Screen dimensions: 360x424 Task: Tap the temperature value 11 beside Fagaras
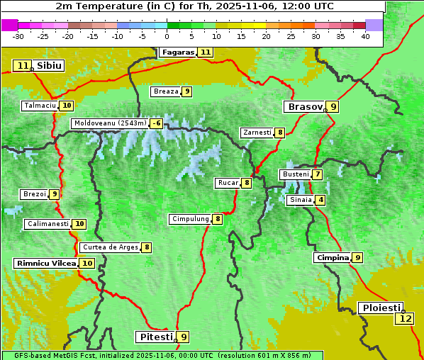click(x=206, y=52)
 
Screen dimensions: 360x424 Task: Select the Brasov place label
click(x=304, y=107)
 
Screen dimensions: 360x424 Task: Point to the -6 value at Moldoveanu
click(x=156, y=123)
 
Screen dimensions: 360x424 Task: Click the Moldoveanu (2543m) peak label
click(x=110, y=123)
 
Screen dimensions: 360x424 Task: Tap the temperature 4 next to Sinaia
click(x=321, y=200)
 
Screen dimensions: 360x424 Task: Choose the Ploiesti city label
click(x=379, y=308)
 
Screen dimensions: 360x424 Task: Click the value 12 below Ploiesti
click(x=405, y=319)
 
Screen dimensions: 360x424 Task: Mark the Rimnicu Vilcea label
click(x=45, y=263)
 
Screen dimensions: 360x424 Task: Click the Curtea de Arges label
click(x=109, y=247)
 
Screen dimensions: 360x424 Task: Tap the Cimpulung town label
click(x=190, y=219)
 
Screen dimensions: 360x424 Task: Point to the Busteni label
click(x=296, y=174)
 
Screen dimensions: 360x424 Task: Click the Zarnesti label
click(x=257, y=133)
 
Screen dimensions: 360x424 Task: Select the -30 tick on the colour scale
click(x=18, y=36)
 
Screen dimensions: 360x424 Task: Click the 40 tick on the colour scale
click(x=365, y=36)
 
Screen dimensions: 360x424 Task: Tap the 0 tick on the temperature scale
click(x=167, y=36)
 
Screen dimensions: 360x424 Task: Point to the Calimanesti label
click(x=48, y=224)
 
